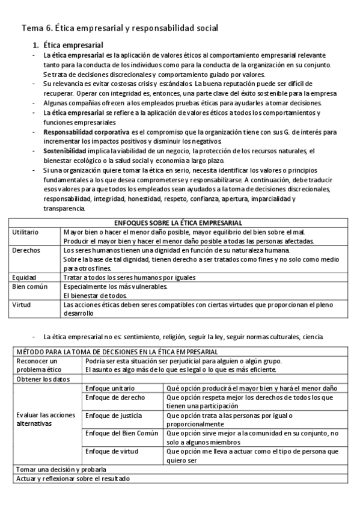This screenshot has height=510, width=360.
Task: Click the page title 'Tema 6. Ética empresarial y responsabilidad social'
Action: (120, 28)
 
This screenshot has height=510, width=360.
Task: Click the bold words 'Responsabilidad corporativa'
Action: (86, 131)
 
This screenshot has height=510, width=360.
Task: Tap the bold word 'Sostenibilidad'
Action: (64, 151)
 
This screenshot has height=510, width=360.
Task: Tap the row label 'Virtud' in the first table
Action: (23, 304)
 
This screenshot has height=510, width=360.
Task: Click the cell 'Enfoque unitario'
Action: (110, 389)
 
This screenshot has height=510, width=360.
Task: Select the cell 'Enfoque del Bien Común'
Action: (120, 432)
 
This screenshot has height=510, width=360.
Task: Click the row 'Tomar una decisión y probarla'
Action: (61, 469)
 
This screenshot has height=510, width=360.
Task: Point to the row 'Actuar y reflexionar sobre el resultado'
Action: (73, 478)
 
